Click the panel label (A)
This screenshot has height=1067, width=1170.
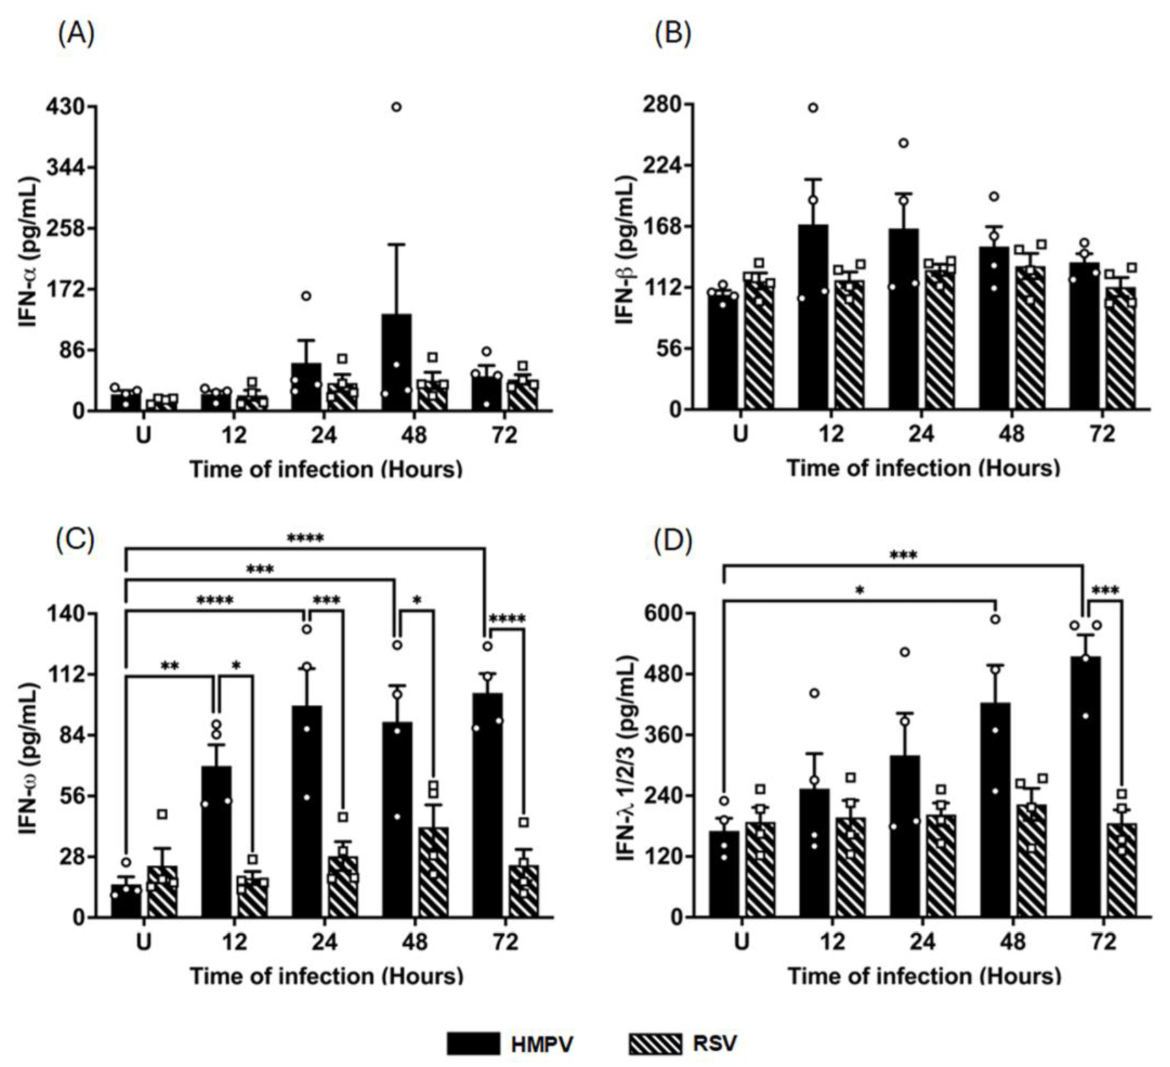[x=76, y=33]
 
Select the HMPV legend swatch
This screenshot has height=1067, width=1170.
[x=473, y=1043]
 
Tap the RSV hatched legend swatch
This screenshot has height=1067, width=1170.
[x=655, y=1043]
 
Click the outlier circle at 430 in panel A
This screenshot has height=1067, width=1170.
[x=396, y=107]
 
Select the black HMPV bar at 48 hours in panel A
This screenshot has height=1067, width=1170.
[x=396, y=364]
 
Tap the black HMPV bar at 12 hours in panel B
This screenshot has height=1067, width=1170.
[x=813, y=317]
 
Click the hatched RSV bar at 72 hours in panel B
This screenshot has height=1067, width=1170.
[x=1120, y=350]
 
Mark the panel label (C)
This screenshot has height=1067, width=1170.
[x=75, y=540]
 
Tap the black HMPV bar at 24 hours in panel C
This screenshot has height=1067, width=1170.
[x=306, y=812]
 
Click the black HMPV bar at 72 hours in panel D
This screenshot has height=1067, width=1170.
[x=1086, y=786]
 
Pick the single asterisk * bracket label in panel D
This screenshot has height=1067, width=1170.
[x=859, y=591]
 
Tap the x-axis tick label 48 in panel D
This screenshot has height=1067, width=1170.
[x=1013, y=941]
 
